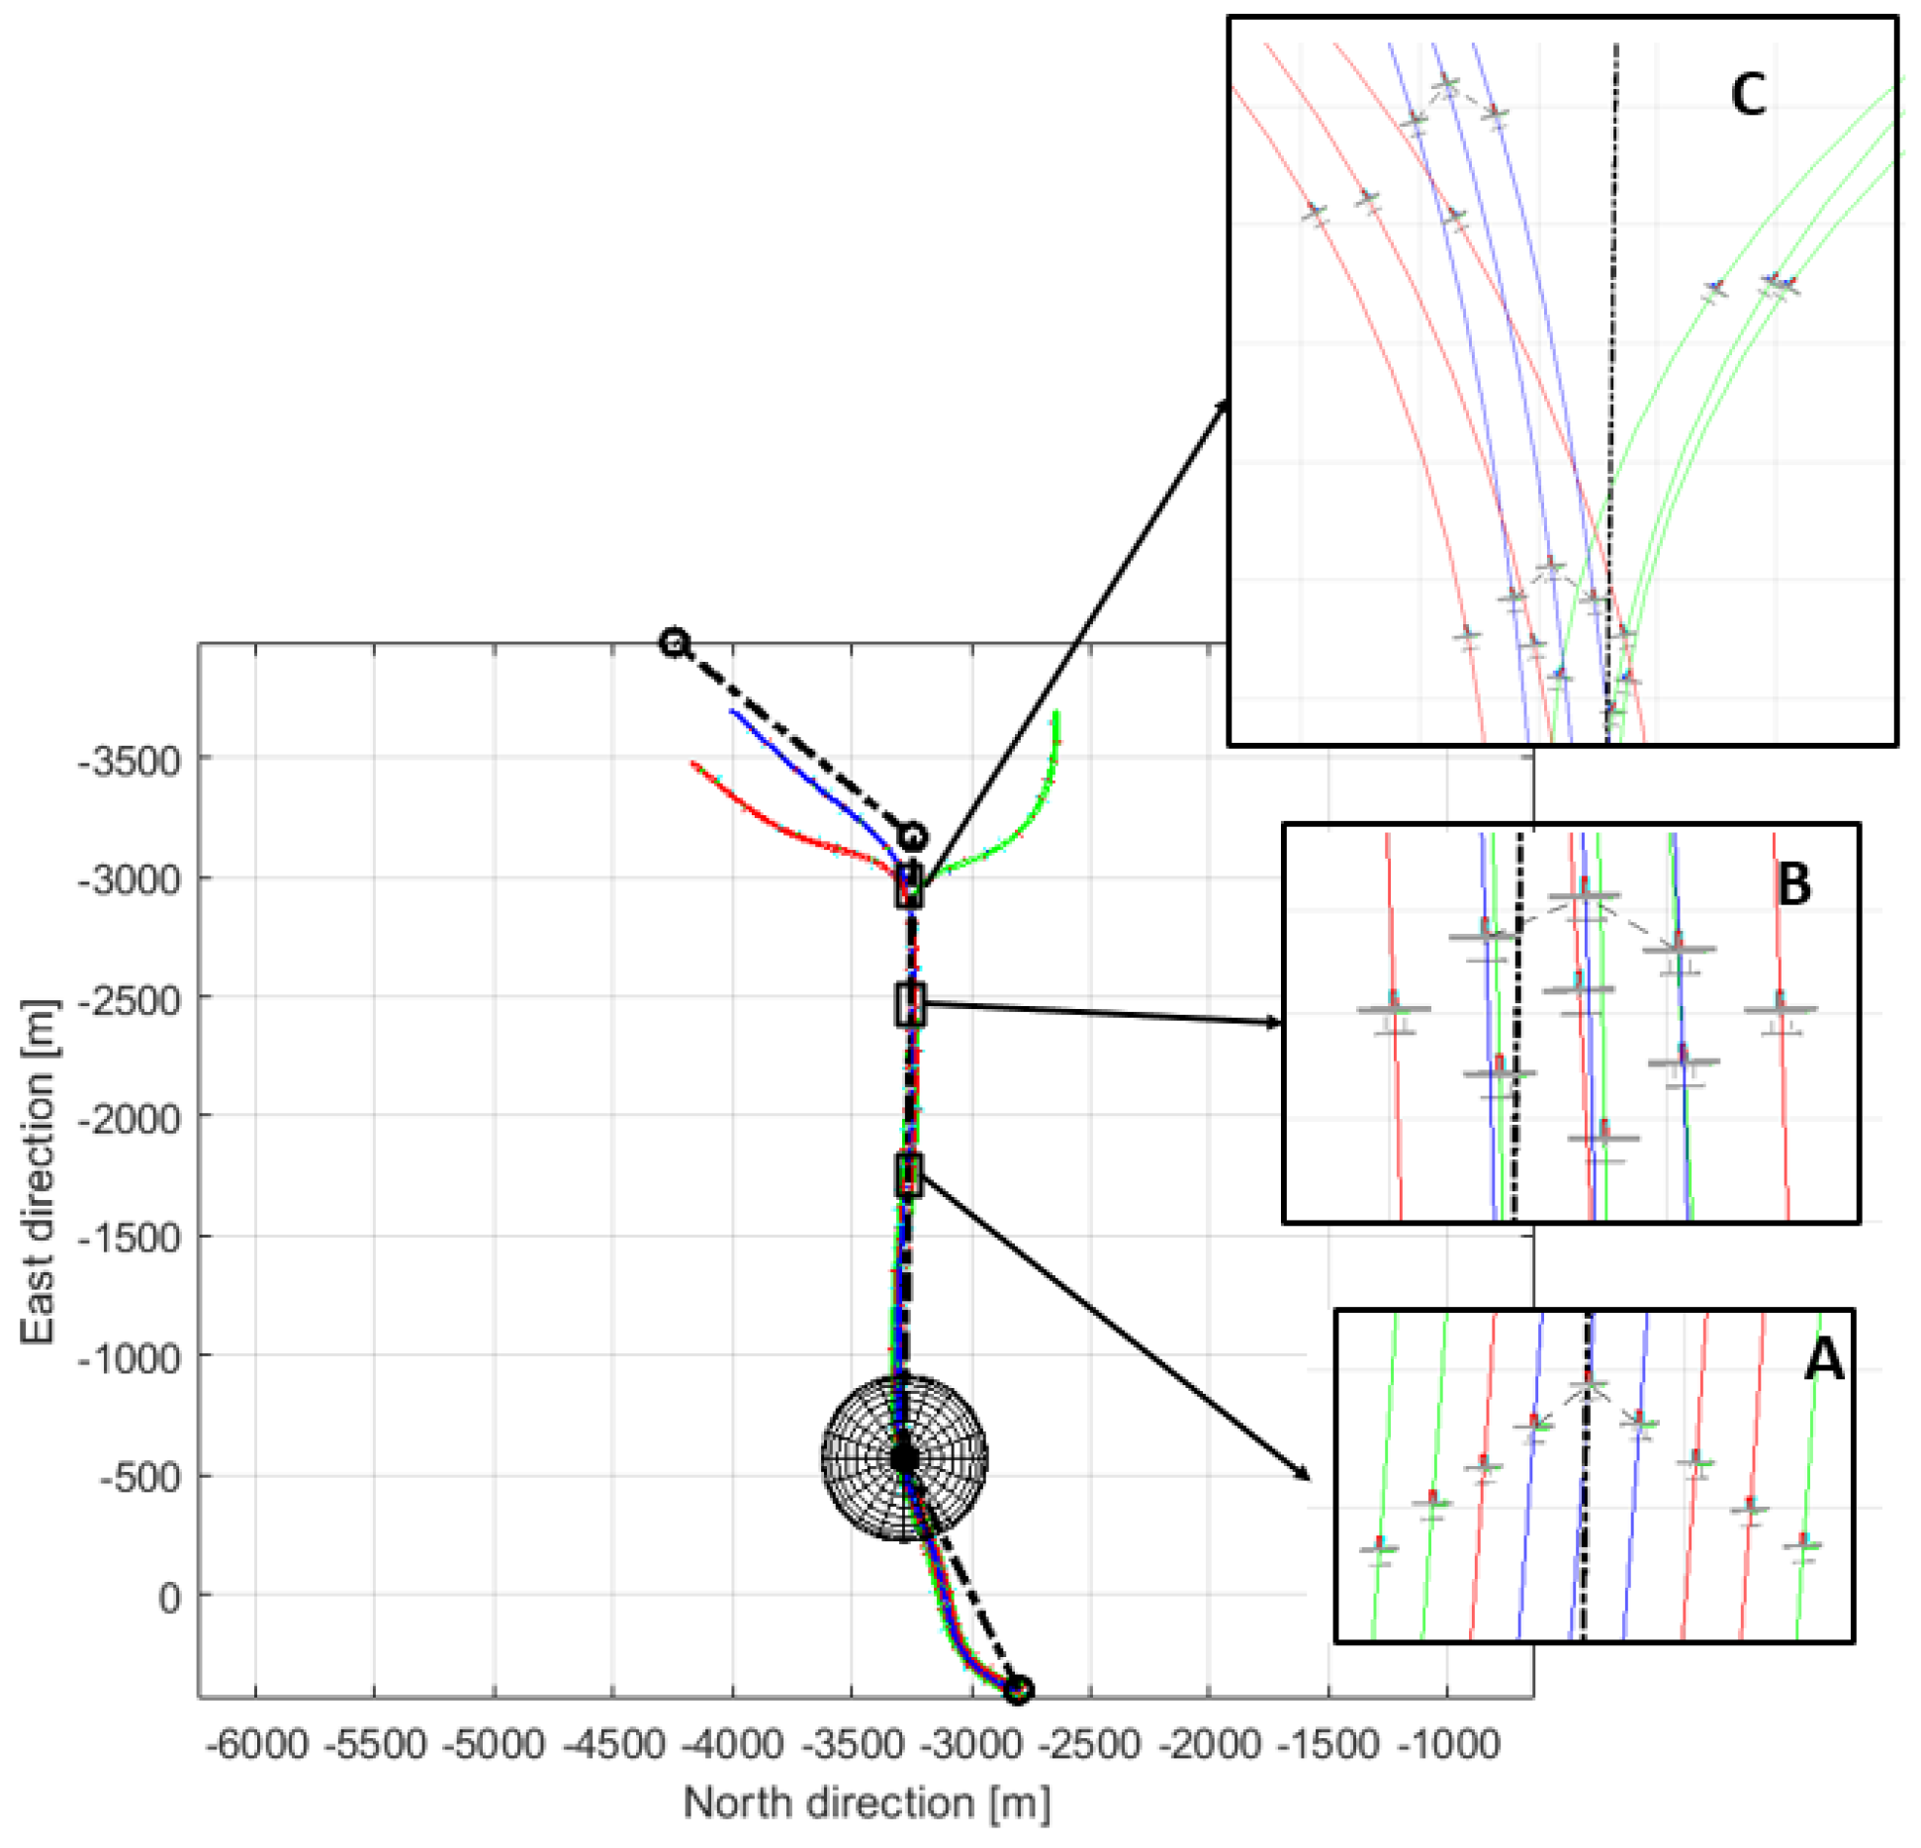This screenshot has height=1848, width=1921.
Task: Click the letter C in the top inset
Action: point(1748,96)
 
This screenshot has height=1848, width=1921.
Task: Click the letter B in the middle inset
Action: point(1794,884)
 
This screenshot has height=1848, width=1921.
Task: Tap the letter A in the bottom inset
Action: point(1823,1359)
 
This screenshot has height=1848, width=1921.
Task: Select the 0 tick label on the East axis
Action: point(169,1598)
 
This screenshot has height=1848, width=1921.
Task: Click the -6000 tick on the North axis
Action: point(256,1745)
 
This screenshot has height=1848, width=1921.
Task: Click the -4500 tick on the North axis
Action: point(613,1745)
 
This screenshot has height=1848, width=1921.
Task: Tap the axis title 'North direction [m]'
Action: point(866,1803)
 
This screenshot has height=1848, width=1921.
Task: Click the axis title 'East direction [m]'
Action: point(38,1172)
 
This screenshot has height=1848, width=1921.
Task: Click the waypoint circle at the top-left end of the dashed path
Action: point(674,642)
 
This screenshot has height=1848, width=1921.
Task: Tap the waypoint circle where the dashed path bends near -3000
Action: point(912,837)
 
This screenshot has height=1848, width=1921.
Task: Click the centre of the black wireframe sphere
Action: point(904,1457)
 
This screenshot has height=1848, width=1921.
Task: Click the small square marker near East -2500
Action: point(910,1004)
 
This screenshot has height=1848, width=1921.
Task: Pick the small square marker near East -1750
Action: point(909,1175)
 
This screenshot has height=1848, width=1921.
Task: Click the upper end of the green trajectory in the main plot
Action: point(1056,712)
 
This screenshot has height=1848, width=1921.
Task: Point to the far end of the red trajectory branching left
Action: point(692,764)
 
